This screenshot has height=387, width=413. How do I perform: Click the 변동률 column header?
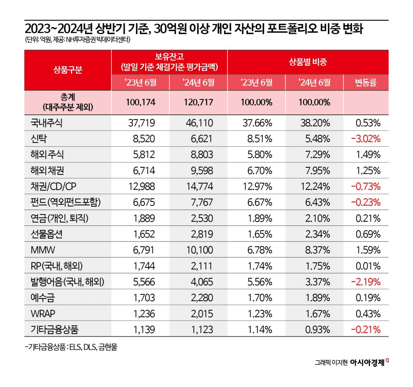366,83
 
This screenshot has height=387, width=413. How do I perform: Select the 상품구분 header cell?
68,70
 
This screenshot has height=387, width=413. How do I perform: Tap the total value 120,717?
198,102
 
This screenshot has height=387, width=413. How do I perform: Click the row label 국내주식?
46,123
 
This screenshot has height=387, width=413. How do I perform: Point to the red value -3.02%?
366,139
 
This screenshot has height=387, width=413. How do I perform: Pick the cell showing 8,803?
202,154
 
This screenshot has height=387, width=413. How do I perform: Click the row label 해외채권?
47,170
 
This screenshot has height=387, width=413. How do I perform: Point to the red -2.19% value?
366,282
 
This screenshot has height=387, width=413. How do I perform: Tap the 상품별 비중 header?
308,62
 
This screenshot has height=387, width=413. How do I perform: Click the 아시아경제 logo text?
367,362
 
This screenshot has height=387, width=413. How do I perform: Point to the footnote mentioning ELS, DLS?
71,347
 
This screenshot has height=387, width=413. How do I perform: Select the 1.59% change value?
368,250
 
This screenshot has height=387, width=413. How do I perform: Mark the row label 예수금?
43,298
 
